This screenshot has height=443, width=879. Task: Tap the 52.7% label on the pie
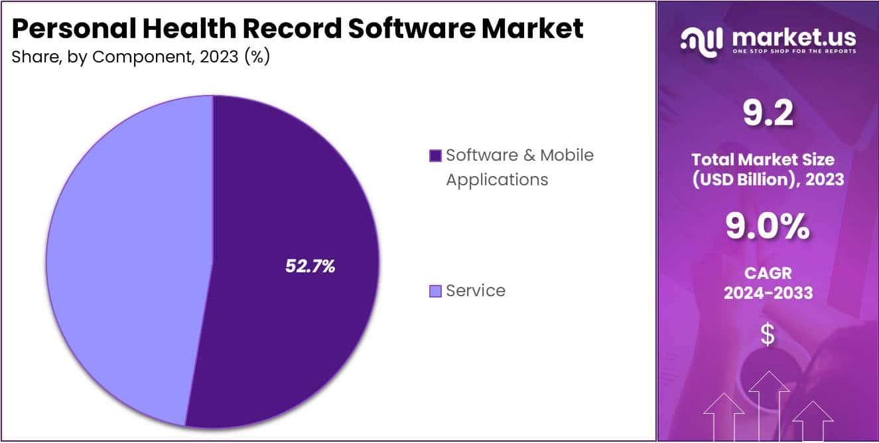pos(310,266)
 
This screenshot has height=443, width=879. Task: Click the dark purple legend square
pos(435,156)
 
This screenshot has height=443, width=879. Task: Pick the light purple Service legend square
pos(435,291)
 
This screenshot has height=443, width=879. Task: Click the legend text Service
pos(476,291)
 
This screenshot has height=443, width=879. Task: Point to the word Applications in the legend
pos(497,179)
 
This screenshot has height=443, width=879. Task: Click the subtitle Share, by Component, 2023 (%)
pos(141,57)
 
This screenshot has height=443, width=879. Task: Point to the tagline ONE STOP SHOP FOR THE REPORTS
pos(794,51)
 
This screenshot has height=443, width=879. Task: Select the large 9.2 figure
pos(768,116)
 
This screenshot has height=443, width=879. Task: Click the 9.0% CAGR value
pos(768,228)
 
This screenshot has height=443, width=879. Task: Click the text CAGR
pos(768,273)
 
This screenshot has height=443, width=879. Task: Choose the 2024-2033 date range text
pos(768,293)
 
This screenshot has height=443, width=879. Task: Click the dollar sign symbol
pos(768,335)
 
